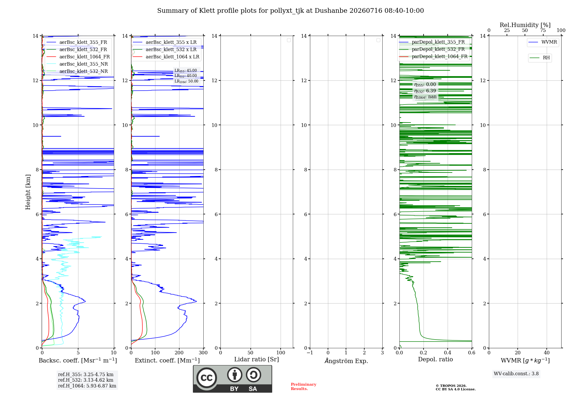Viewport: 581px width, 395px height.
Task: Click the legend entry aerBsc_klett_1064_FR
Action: [x=78, y=57]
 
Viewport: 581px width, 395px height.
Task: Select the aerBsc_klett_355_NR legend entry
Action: [x=77, y=64]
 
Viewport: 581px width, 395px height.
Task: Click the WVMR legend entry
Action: [x=543, y=42]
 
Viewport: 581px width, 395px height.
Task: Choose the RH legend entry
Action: [x=540, y=58]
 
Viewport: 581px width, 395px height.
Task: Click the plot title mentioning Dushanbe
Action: [x=290, y=11]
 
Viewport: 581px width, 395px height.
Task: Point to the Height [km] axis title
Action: [x=28, y=192]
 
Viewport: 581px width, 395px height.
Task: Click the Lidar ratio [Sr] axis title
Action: [x=257, y=359]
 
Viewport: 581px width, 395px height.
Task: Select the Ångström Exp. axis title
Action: [x=346, y=361]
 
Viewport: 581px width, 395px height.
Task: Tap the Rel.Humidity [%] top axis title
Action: [x=525, y=25]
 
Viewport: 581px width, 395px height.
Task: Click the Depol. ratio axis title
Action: [x=435, y=359]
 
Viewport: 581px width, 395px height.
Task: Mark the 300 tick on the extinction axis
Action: [x=203, y=353]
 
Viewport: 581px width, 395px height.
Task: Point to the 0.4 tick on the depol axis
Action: [x=448, y=353]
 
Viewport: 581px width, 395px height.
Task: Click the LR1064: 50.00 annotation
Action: [x=186, y=81]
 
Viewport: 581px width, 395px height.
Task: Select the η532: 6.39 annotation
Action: [x=425, y=91]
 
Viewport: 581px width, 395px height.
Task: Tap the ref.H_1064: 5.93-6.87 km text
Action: [x=87, y=386]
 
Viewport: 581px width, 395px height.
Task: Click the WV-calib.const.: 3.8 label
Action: [x=516, y=374]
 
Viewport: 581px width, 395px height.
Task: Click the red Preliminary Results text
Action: [x=304, y=387]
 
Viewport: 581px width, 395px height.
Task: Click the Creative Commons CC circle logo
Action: [x=207, y=378]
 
